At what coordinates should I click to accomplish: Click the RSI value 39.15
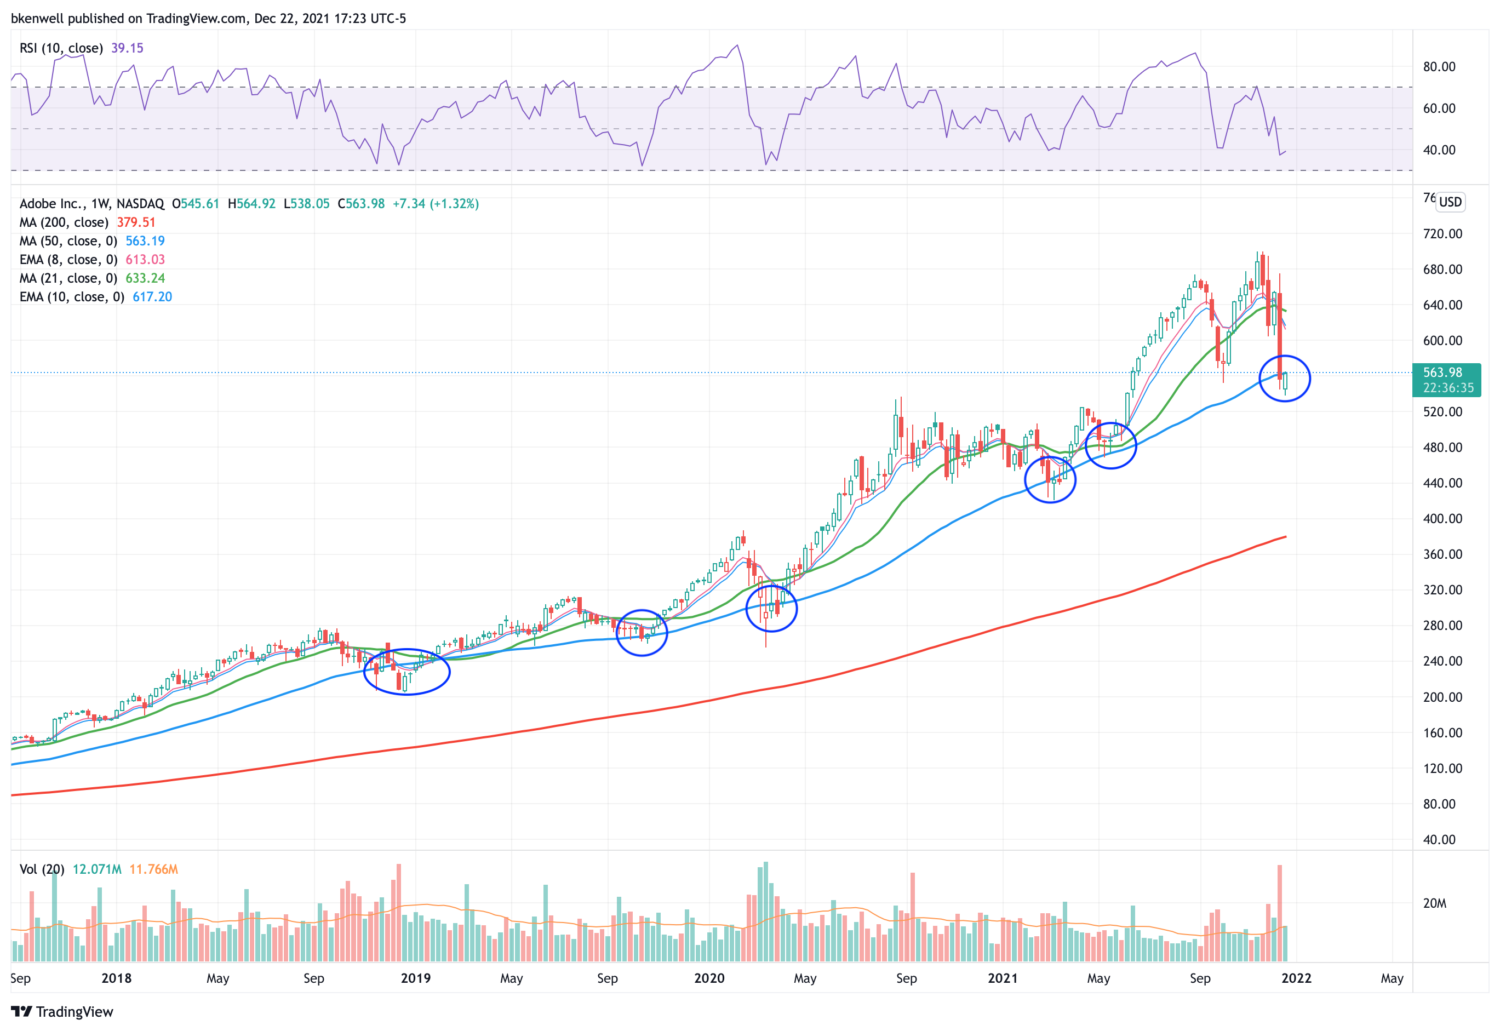pyautogui.click(x=127, y=48)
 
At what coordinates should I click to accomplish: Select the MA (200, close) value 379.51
pyautogui.click(x=136, y=222)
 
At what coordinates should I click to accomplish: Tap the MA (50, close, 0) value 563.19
pyautogui.click(x=145, y=241)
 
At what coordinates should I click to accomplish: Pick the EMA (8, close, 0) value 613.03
pyautogui.click(x=145, y=260)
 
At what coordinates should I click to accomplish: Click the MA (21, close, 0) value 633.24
pyautogui.click(x=145, y=278)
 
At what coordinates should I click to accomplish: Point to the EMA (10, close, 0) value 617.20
pyautogui.click(x=152, y=297)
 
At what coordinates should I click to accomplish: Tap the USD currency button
pyautogui.click(x=1450, y=202)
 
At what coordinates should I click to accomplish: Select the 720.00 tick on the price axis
pyautogui.click(x=1442, y=234)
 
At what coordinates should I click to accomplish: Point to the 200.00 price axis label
pyautogui.click(x=1442, y=697)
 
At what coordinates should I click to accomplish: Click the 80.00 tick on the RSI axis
pyautogui.click(x=1439, y=66)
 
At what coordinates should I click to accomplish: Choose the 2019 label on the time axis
pyautogui.click(x=415, y=978)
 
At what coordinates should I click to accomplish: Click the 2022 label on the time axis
pyautogui.click(x=1296, y=978)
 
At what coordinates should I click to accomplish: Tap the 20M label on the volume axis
pyautogui.click(x=1434, y=903)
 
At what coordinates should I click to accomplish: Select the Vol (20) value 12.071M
pyautogui.click(x=97, y=869)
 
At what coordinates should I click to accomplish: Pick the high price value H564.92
pyautogui.click(x=251, y=204)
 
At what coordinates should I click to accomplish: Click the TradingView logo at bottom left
pyautogui.click(x=62, y=1012)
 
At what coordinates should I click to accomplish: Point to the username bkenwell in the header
pyautogui.click(x=37, y=18)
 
